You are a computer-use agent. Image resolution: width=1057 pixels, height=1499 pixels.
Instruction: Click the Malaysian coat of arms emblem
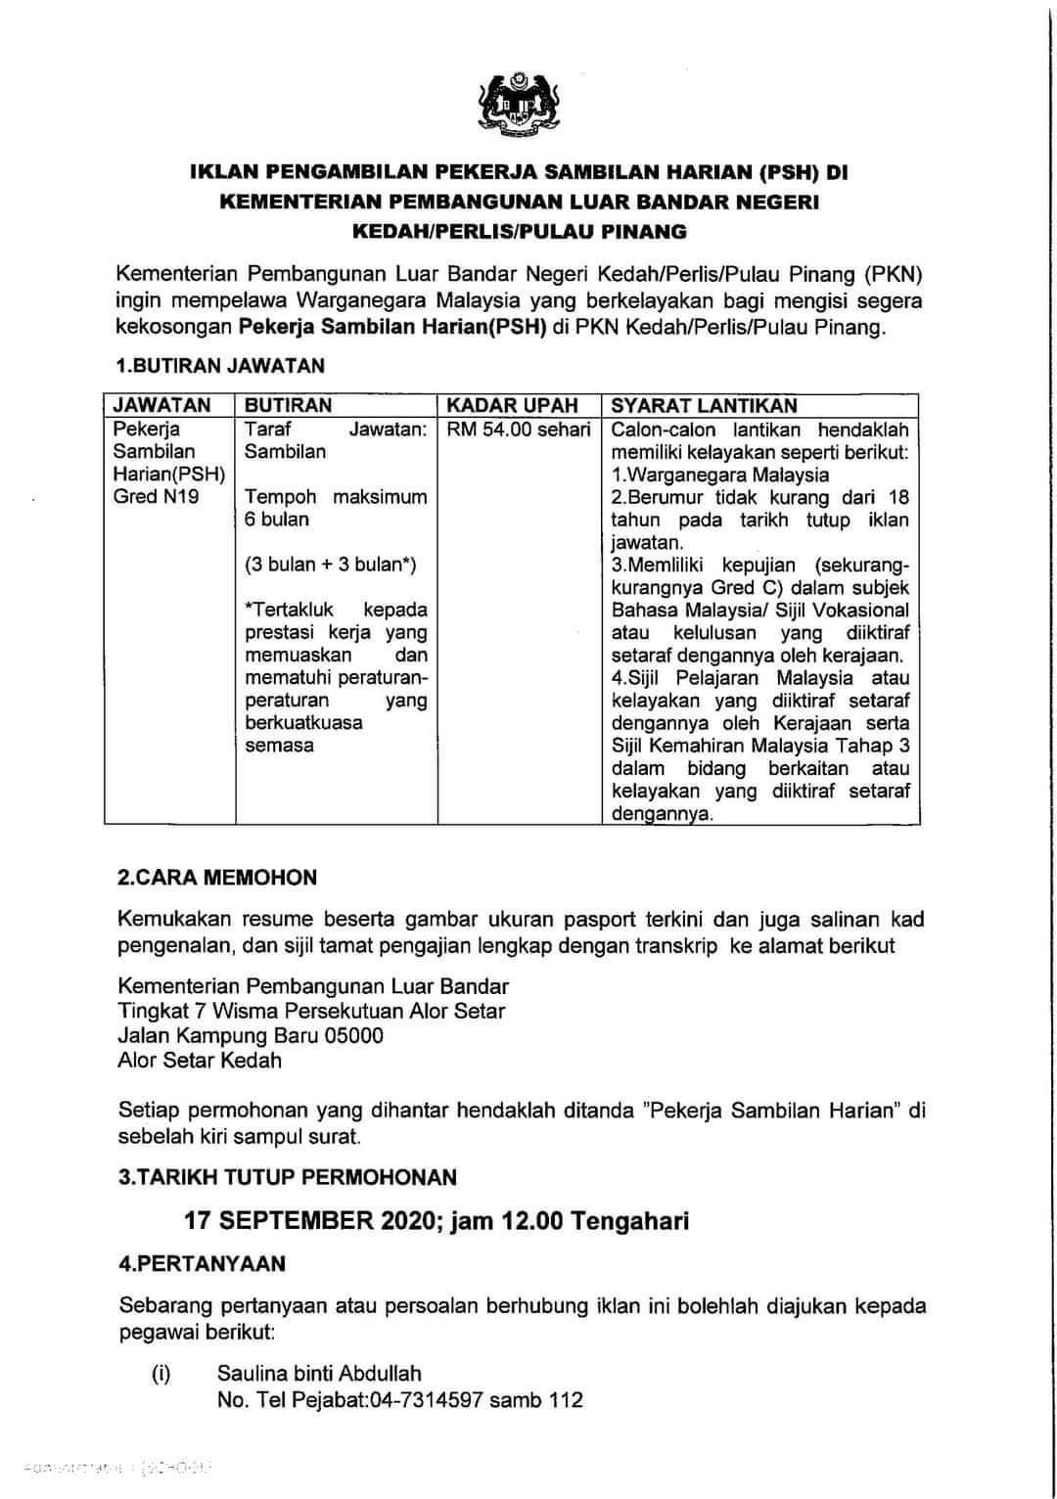coord(519,105)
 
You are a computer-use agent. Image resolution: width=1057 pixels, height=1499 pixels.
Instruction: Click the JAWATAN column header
coord(161,405)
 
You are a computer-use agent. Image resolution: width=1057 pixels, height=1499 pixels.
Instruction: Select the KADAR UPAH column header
coord(512,405)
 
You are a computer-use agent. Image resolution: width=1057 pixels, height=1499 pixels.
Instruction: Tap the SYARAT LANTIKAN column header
coord(704,405)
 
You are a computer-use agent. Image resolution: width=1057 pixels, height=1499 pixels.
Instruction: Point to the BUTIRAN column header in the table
coord(288,405)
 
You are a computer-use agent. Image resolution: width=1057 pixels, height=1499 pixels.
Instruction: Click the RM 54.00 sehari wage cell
coord(519,430)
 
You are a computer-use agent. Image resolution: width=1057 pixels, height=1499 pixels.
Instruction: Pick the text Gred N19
coord(156,496)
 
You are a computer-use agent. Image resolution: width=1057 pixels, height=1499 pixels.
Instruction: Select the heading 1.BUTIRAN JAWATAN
coord(220,366)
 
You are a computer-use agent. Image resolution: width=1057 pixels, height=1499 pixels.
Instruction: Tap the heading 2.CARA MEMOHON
coord(217,877)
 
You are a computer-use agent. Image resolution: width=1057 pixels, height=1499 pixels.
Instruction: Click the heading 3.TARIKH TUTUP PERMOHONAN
coord(288,1177)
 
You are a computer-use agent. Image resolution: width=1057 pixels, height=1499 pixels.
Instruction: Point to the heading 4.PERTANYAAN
coord(202,1263)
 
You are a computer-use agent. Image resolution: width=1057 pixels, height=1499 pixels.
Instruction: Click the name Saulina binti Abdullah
coord(319,1374)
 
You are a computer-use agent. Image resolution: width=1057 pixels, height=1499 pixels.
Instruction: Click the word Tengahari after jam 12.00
coord(630,1221)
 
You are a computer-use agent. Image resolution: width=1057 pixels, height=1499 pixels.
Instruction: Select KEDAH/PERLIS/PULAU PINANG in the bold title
coord(520,232)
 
